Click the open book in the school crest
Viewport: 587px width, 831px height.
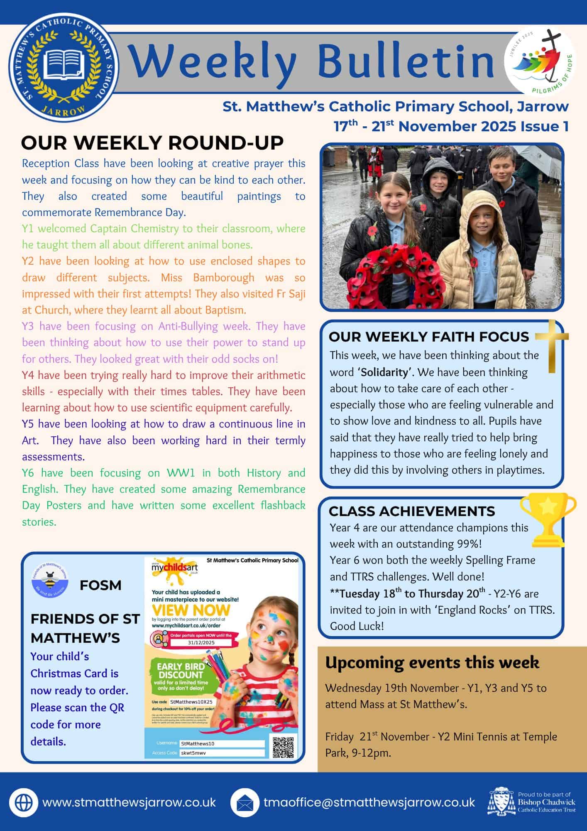[64, 64]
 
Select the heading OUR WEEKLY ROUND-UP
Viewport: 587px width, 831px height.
[152, 143]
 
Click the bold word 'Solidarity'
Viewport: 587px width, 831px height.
[384, 372]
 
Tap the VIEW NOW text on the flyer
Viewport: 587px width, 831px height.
[191, 610]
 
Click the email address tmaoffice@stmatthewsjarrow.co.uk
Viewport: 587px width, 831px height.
[369, 802]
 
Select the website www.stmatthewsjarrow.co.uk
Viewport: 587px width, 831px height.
[129, 802]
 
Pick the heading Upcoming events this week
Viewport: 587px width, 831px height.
[432, 662]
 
